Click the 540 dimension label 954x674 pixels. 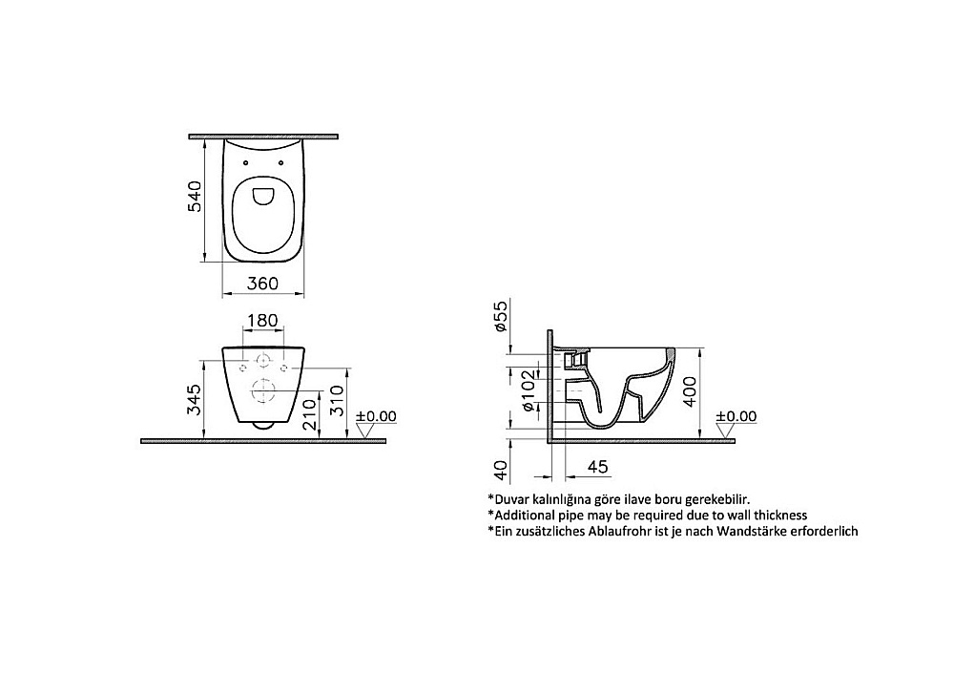194,196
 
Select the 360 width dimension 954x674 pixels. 263,284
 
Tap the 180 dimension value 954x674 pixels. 263,320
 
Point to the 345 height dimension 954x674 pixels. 194,399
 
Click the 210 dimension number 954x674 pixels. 310,414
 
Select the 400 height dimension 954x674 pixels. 690,391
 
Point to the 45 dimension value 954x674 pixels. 597,467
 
